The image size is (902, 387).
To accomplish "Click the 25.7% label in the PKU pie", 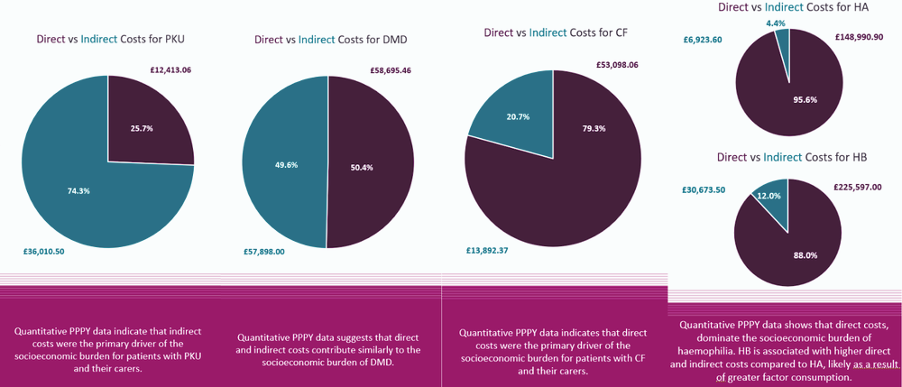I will tap(142, 128).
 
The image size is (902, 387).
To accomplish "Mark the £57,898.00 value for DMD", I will tap(264, 252).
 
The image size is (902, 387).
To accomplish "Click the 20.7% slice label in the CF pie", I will tap(518, 118).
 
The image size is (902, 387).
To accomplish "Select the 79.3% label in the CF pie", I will tap(594, 128).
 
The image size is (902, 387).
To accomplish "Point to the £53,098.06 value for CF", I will tap(617, 64).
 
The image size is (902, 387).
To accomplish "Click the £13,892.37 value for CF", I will tap(486, 250).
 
